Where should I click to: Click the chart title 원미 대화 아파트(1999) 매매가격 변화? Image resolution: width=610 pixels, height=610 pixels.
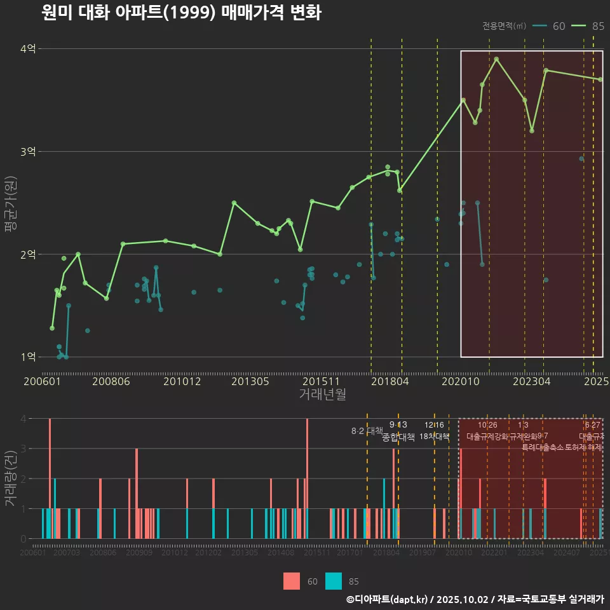(x=181, y=13)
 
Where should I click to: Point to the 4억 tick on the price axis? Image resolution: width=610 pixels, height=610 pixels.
(x=28, y=49)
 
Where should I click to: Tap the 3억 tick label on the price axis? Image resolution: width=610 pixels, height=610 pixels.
(x=28, y=152)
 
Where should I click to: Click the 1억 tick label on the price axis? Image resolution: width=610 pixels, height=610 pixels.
(x=28, y=357)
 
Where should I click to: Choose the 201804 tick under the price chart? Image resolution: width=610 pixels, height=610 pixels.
(x=390, y=381)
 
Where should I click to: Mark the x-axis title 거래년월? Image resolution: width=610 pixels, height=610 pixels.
(x=322, y=395)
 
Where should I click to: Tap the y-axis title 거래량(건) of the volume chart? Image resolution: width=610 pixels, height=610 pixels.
(x=11, y=478)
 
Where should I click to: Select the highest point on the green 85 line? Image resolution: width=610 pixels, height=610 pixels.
(x=496, y=59)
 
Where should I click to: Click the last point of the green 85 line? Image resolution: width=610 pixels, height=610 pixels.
(x=600, y=79)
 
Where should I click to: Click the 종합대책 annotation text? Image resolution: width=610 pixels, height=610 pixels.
(x=398, y=437)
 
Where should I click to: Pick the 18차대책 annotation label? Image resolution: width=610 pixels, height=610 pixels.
(x=435, y=437)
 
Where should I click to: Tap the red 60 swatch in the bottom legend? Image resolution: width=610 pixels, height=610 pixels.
(x=292, y=581)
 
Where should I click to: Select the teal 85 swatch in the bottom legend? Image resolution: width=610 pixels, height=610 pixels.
(x=334, y=581)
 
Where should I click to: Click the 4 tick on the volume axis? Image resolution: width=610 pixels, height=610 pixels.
(x=23, y=419)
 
